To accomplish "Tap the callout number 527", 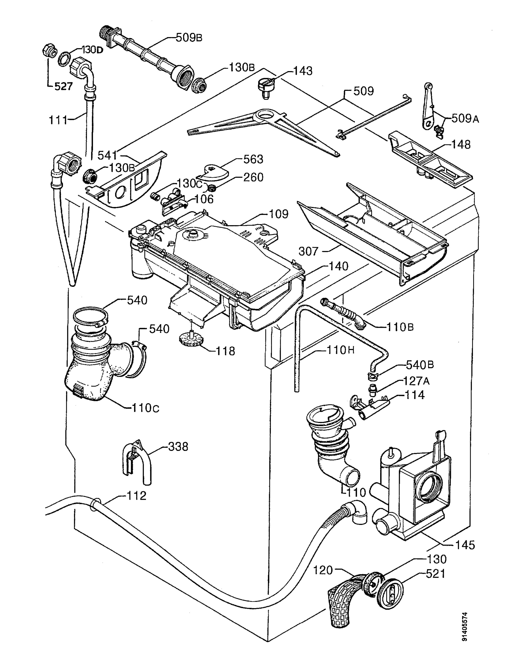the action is pyautogui.click(x=63, y=87).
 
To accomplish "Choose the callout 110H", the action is pyautogui.click(x=340, y=350).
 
